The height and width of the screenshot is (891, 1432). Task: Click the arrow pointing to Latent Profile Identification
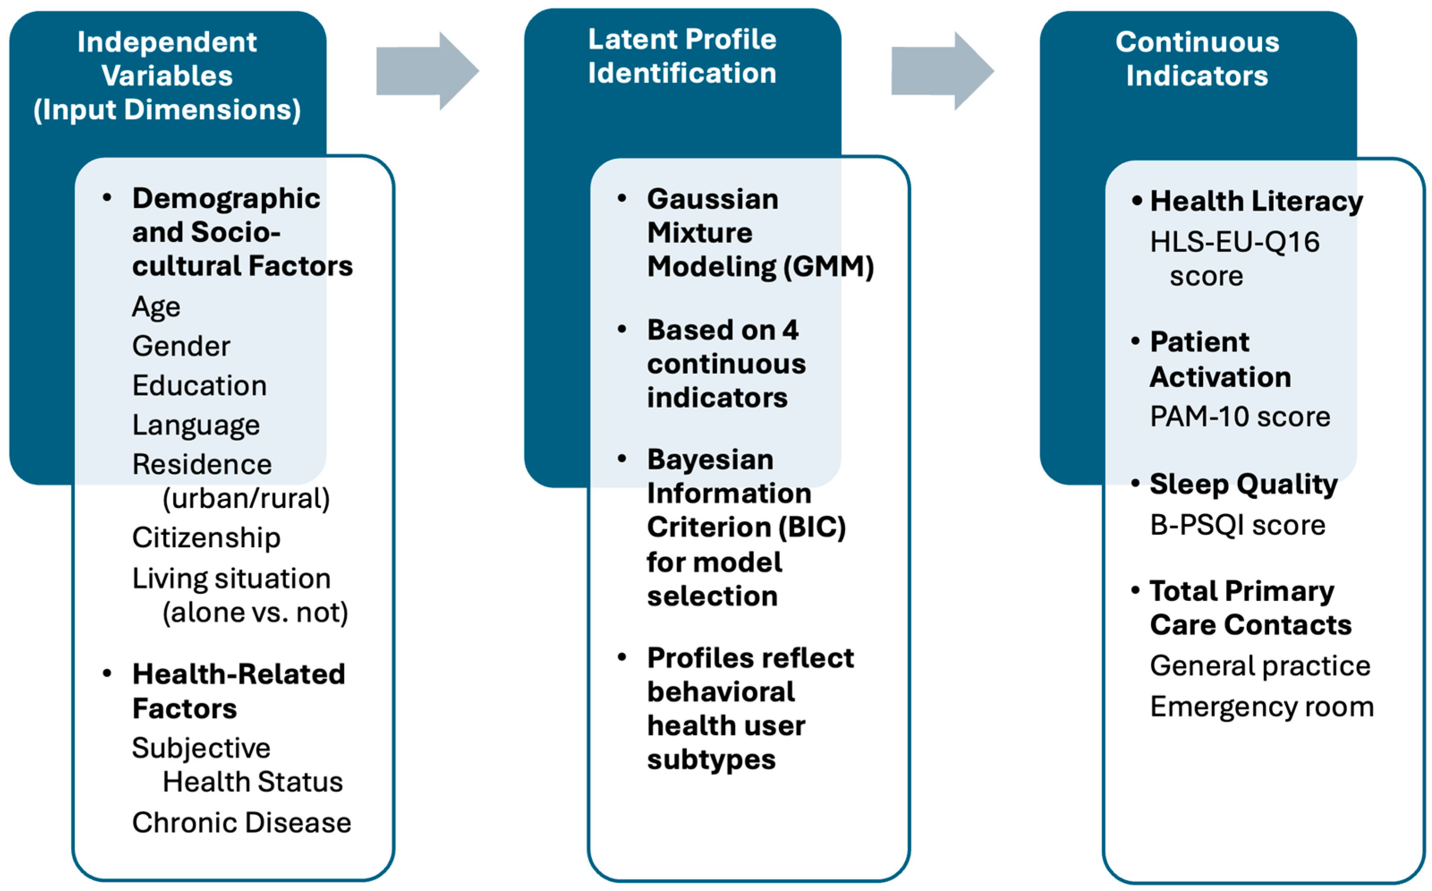(x=427, y=71)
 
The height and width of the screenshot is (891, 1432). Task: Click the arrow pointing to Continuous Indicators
(x=942, y=71)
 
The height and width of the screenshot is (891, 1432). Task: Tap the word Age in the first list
(x=156, y=307)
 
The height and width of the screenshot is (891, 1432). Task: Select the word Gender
(x=181, y=346)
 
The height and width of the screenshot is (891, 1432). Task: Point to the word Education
(x=199, y=385)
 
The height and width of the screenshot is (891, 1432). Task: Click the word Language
(x=195, y=425)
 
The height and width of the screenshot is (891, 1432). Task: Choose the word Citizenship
(x=206, y=537)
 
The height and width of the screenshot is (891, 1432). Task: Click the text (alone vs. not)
(x=255, y=612)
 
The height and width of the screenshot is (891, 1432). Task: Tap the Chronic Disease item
(x=241, y=823)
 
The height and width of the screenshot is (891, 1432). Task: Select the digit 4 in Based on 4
(x=790, y=330)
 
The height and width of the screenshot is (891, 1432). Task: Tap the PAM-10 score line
(x=1240, y=417)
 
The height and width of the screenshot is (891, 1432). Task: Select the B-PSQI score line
(x=1237, y=524)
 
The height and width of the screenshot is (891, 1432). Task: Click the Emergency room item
(x=1262, y=706)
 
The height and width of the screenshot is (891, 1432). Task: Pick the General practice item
(x=1260, y=666)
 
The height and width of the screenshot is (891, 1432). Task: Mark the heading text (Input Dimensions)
(x=167, y=110)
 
